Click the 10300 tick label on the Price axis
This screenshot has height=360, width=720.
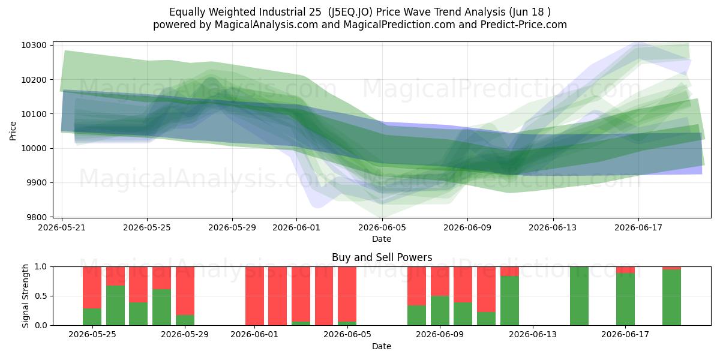34,45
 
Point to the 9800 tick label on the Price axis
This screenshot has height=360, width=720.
36,217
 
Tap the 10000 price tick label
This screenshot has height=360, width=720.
34,148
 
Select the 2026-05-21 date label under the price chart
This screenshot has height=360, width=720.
62,227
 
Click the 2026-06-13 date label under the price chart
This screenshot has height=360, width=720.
553,227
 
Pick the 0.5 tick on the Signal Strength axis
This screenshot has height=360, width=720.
41,296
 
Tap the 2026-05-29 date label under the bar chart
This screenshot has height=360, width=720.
185,334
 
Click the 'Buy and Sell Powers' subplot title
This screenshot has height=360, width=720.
382,257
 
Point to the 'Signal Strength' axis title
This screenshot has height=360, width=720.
25,296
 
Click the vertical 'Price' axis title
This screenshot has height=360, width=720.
13,131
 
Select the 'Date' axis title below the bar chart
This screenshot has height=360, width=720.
382,346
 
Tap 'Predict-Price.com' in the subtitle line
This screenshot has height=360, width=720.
524,25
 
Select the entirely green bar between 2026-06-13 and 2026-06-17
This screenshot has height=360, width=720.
579,296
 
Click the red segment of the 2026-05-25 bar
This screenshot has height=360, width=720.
92,287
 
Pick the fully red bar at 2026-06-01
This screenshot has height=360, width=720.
254,296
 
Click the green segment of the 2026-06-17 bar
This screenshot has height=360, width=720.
625,299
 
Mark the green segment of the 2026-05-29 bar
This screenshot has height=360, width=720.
185,320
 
